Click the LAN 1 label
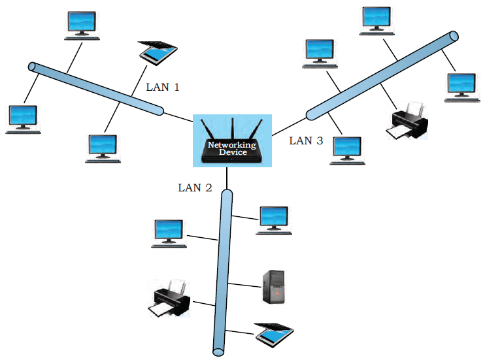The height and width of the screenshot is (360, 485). pos(163,87)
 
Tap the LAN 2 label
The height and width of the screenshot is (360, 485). pos(195,188)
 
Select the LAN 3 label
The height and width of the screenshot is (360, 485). pos(306,140)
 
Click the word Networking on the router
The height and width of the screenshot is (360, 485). pos(232,145)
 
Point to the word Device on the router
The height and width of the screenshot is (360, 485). pos(233,152)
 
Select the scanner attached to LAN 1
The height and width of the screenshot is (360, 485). pos(158,52)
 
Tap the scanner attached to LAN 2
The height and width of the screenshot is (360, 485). pos(274,335)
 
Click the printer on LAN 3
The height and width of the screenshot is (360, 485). pos(407,121)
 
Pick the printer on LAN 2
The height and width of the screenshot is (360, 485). pos(169,299)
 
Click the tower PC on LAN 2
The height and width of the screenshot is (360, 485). pos(273,287)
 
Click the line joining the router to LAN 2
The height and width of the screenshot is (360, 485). pos(227,178)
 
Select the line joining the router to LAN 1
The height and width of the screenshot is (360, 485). pos(178,118)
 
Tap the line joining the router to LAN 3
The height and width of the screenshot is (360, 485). pos(289,127)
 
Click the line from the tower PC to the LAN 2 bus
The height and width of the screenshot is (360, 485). pos(244,285)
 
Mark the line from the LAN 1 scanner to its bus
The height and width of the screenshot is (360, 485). pos(139,81)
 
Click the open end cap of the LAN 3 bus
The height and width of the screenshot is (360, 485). pos(454,36)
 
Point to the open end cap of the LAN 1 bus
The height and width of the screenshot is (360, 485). pos(32,67)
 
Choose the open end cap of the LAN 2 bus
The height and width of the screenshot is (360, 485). pos(218,352)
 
